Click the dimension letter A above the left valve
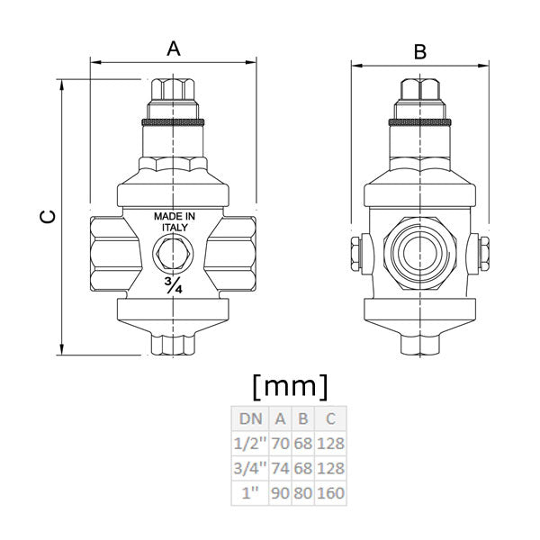[174, 49]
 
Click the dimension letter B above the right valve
[419, 52]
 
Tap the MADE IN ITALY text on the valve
[174, 222]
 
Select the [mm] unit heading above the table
[289, 387]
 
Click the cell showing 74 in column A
[280, 468]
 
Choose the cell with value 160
[330, 492]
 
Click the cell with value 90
[280, 492]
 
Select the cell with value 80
[303, 492]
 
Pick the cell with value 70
[280, 444]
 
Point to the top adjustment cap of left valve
[174, 94]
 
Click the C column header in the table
[330, 418]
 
